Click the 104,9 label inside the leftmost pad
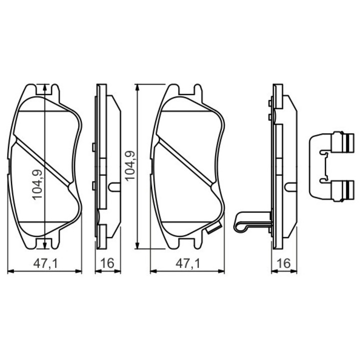click(38, 184)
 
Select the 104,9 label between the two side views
click(129, 166)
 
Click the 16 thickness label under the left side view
click(107, 263)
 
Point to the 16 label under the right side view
click(283, 263)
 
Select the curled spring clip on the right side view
click(245, 222)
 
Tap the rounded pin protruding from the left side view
click(114, 187)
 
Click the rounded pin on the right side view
click(289, 187)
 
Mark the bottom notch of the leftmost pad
click(45, 243)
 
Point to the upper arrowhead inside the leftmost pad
click(45, 87)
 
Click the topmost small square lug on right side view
click(269, 103)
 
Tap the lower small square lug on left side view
click(94, 186)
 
